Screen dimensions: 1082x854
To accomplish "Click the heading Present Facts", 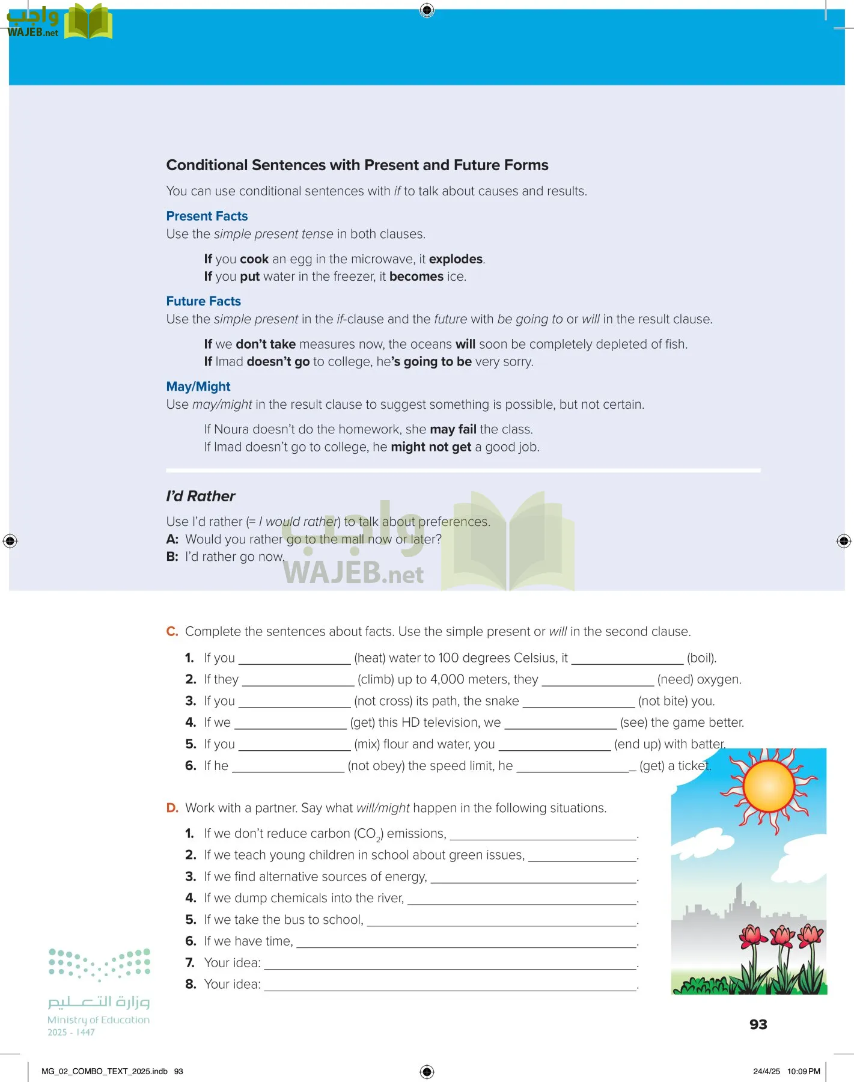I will [x=207, y=216].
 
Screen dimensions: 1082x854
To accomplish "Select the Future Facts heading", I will [x=203, y=301].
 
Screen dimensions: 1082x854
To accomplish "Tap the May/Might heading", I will [x=198, y=387].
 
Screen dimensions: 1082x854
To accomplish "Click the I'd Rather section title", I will [x=201, y=496].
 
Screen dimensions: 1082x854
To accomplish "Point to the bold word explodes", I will [x=456, y=259].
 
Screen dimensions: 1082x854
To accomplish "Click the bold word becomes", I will [x=416, y=277].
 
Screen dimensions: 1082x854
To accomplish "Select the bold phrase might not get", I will [x=431, y=447].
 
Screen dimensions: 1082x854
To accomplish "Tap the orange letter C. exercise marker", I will [x=172, y=632].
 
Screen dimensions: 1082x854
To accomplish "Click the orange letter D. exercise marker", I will [x=172, y=808].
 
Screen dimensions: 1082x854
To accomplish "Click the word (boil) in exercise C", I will [x=701, y=658].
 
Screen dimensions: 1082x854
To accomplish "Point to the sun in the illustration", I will [x=769, y=787].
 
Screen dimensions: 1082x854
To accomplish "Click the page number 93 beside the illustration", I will [x=758, y=1024].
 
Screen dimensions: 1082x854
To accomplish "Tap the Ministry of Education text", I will [x=99, y=1020].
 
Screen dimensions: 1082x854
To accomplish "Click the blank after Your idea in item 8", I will [x=450, y=985].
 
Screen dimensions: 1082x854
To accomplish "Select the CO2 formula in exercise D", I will [x=368, y=834].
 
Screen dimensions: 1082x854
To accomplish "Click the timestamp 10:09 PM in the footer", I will [x=804, y=1071].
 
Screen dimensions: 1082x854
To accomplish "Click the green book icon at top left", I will [x=88, y=23].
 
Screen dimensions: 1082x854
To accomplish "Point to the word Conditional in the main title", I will [x=207, y=165].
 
